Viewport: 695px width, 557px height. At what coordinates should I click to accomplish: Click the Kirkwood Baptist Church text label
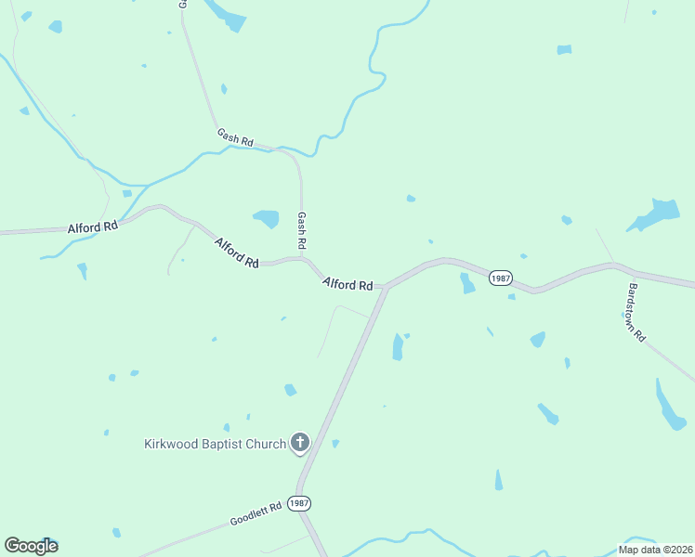point(215,444)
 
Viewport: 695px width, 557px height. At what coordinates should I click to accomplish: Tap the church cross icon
point(299,443)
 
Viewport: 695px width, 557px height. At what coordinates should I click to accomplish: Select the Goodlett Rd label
point(256,514)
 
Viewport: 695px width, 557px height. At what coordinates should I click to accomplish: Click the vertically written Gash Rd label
point(301,229)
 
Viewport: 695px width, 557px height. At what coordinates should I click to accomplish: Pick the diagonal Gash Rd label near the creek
point(235,137)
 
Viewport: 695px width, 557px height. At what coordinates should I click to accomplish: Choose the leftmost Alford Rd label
point(93,227)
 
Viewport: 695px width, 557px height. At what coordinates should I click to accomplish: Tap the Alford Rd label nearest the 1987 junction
point(347,284)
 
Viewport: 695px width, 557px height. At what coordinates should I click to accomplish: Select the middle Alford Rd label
point(236,253)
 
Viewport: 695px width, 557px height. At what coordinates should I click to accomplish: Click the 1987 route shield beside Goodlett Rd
point(298,503)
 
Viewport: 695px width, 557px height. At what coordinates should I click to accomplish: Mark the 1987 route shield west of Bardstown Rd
point(500,278)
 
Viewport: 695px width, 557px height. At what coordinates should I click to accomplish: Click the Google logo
point(31,546)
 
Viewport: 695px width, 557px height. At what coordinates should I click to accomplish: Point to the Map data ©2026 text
point(655,550)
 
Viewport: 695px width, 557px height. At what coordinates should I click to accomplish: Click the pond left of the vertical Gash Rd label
point(267,219)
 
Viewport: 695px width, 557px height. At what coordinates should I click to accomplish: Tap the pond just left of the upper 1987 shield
point(467,283)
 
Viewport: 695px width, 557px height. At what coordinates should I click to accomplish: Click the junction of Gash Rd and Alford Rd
point(303,259)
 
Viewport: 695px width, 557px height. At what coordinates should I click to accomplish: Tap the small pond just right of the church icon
point(335,444)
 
